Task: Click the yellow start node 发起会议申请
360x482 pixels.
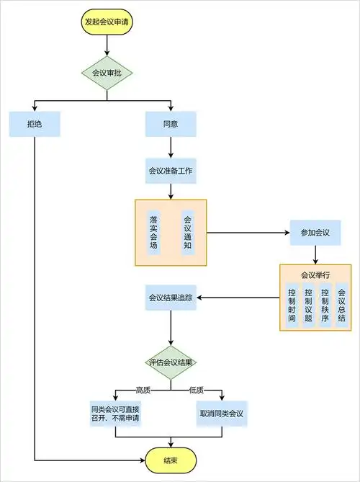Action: tap(107, 22)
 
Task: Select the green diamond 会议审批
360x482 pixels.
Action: tap(107, 72)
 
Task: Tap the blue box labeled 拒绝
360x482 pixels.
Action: tap(35, 124)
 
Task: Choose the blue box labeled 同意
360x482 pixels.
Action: tap(171, 124)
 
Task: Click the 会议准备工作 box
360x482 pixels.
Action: tap(171, 171)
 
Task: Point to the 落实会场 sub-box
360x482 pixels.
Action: tap(153, 232)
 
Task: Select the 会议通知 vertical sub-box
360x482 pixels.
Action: tap(188, 232)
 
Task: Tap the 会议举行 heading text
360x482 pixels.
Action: tap(315, 275)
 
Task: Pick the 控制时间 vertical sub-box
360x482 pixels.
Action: tap(292, 305)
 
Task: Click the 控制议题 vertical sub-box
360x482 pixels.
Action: tap(308, 305)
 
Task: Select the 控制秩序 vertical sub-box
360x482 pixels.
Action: tap(325, 305)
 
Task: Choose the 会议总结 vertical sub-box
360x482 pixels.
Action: tap(341, 305)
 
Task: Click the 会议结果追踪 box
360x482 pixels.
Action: tap(171, 297)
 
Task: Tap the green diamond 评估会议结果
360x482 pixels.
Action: tap(171, 362)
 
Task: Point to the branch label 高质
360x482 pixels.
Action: tap(143, 390)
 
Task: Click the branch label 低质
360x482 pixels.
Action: tap(196, 390)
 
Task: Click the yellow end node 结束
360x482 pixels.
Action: tap(171, 460)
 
